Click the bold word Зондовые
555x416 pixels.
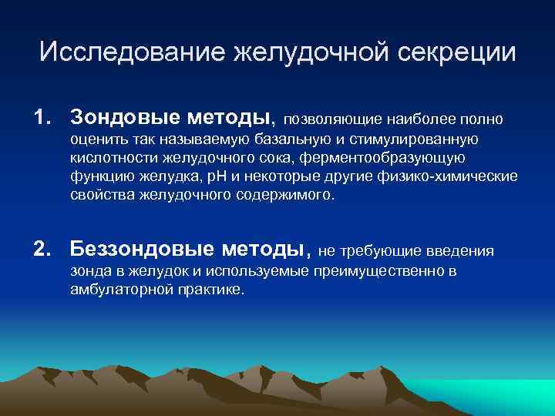click(x=123, y=118)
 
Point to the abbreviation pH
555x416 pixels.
click(x=210, y=176)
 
